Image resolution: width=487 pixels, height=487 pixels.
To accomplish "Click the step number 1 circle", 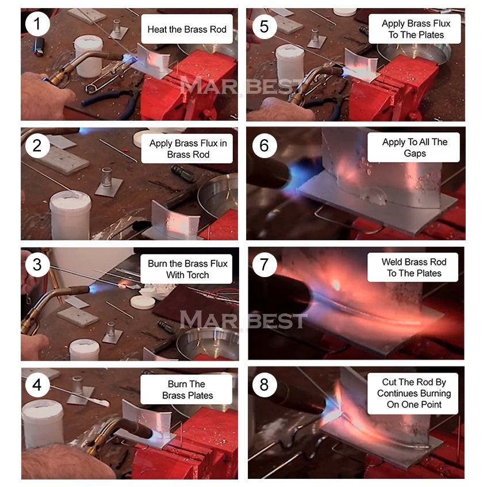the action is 37,24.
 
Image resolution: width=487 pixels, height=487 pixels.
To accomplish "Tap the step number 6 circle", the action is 264,145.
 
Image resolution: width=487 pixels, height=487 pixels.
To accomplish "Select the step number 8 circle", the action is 264,385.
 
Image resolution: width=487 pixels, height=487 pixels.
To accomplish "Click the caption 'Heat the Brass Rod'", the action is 187,29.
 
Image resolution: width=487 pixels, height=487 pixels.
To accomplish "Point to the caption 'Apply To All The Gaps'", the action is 415,148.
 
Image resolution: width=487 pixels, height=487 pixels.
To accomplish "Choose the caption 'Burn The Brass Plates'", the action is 187,389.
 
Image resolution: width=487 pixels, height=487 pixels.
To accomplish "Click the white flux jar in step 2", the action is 71,215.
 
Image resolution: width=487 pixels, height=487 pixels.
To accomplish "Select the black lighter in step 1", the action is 39,47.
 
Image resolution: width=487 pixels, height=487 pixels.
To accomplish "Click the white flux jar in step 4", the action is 43,423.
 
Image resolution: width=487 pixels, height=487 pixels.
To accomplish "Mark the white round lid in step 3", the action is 143,302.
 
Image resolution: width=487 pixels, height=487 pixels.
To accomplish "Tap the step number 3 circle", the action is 37,264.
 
